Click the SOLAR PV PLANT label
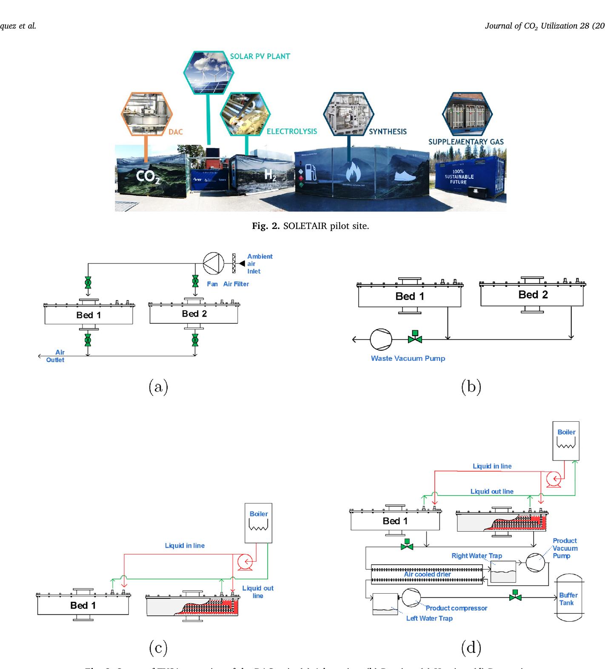pyautogui.click(x=260, y=56)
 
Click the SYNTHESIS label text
pyautogui.click(x=388, y=132)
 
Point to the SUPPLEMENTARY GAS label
pyautogui.click(x=465, y=142)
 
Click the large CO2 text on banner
pyautogui.click(x=148, y=176)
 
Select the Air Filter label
pyautogui.click(x=236, y=284)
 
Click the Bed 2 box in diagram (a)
pyautogui.click(x=194, y=314)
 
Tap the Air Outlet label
pyautogui.click(x=57, y=356)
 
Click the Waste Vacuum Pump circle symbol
pyautogui.click(x=380, y=339)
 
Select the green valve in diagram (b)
pyautogui.click(x=414, y=337)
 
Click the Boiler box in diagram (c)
pyautogui.click(x=258, y=523)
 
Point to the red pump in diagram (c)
pyautogui.click(x=245, y=562)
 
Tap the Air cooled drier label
pyautogui.click(x=427, y=574)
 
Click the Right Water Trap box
pyautogui.click(x=503, y=571)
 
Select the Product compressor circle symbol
pyautogui.click(x=411, y=598)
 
